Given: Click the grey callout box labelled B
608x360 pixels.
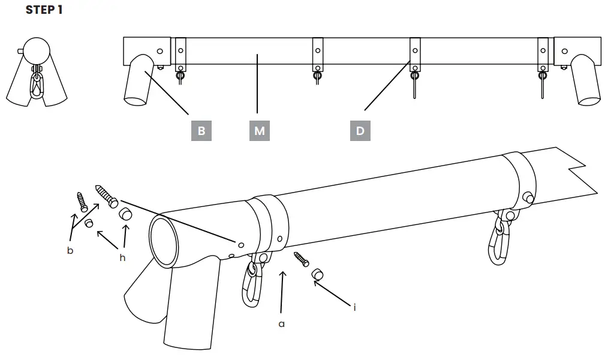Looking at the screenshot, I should [201, 131].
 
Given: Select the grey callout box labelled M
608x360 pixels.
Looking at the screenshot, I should [259, 131].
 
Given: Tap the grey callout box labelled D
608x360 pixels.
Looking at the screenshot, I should [360, 131].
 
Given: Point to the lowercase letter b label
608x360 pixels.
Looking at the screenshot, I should [70, 250].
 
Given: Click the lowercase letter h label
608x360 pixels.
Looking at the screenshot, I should [122, 257].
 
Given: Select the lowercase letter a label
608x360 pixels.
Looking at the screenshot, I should [281, 323].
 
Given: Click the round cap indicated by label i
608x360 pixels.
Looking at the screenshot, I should [317, 275].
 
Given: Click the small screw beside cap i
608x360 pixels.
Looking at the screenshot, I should [301, 260].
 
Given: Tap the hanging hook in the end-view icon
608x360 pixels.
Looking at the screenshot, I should [37, 83].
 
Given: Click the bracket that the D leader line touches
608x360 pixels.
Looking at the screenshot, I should [414, 54].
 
